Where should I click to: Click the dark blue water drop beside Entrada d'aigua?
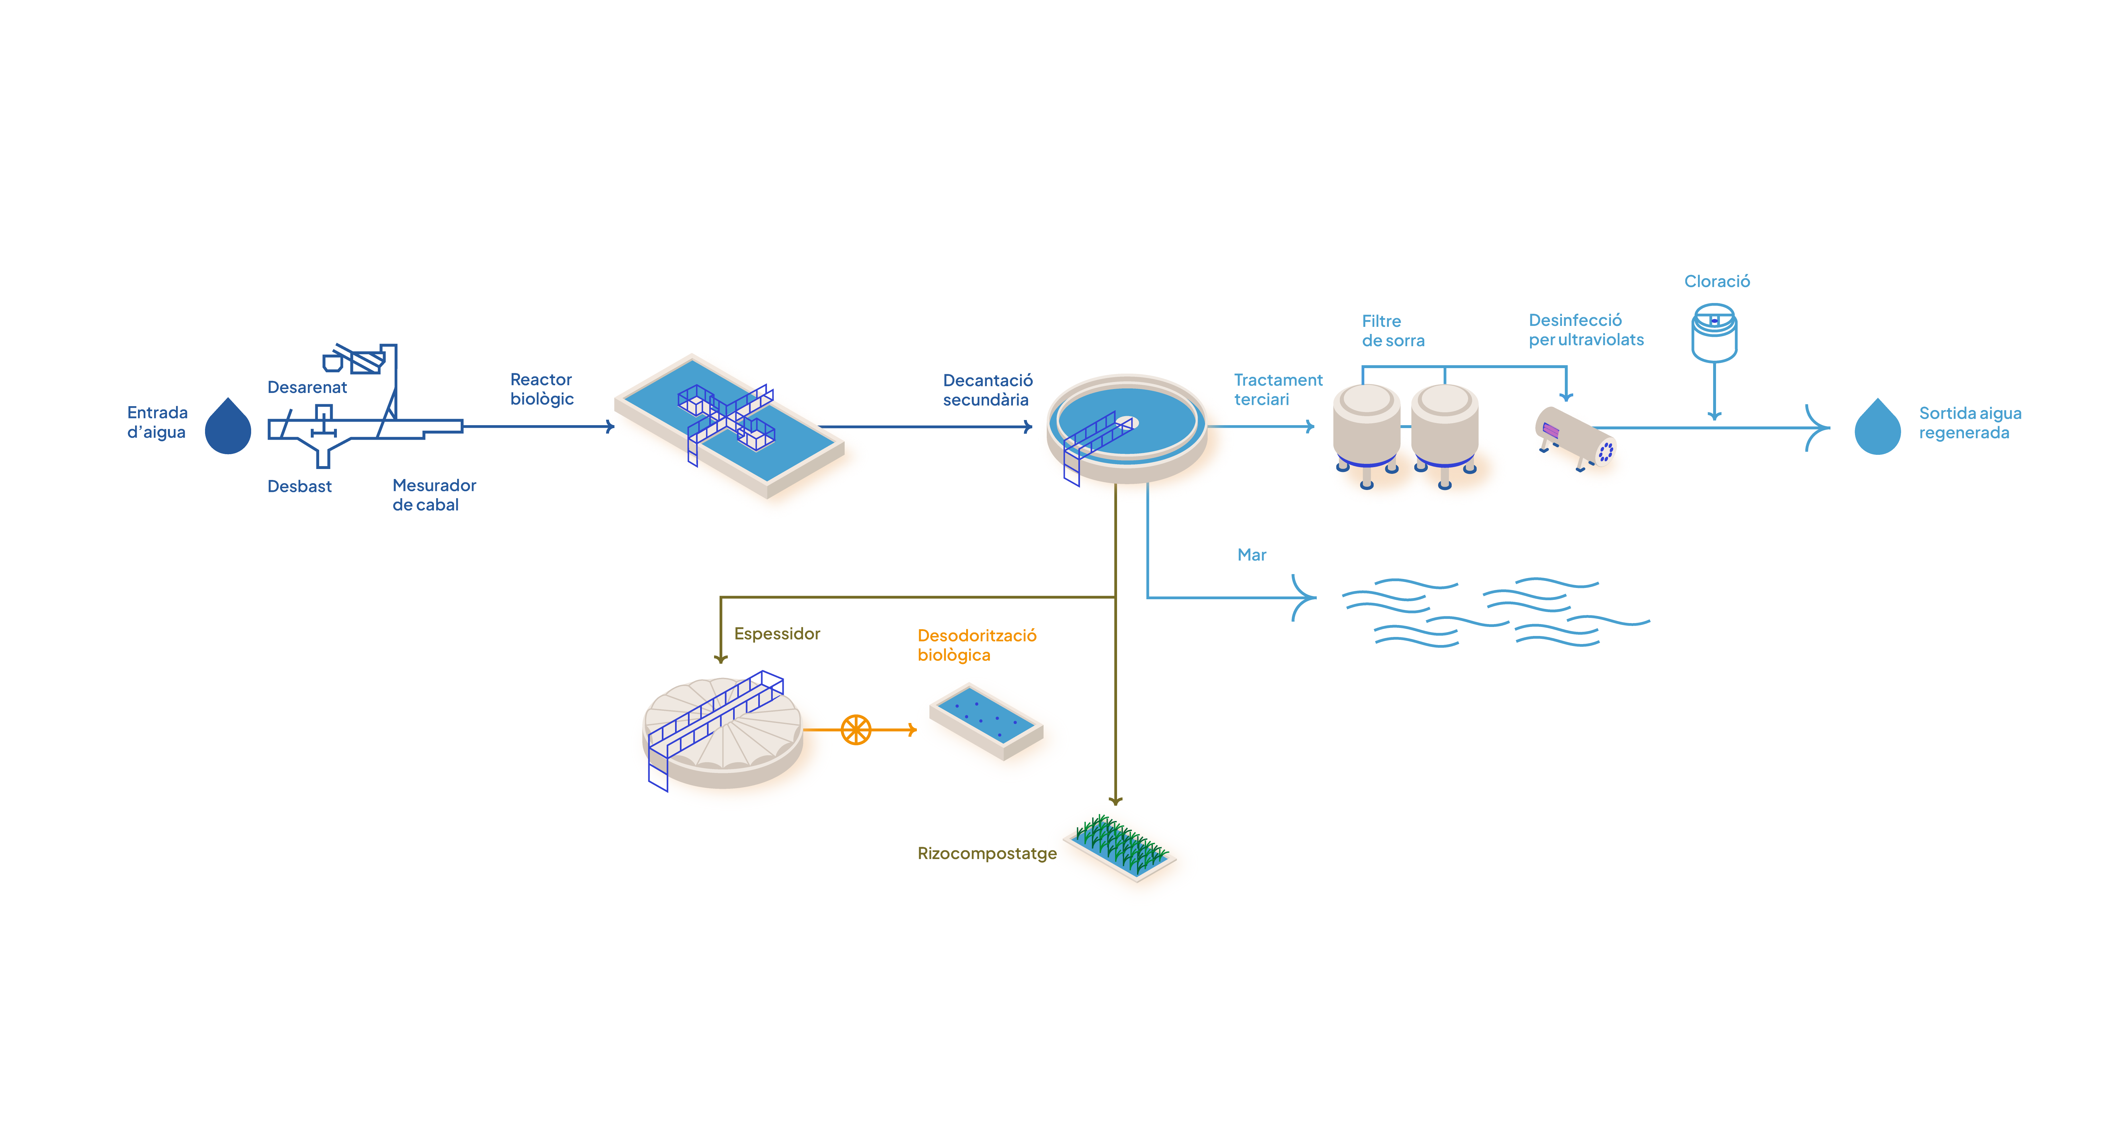point(228,428)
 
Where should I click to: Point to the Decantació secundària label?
point(987,390)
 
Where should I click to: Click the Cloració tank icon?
point(1714,333)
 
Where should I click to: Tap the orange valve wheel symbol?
point(856,729)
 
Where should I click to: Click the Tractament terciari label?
point(1278,390)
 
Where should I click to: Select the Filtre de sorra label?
point(1393,331)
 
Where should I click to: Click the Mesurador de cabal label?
point(434,495)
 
